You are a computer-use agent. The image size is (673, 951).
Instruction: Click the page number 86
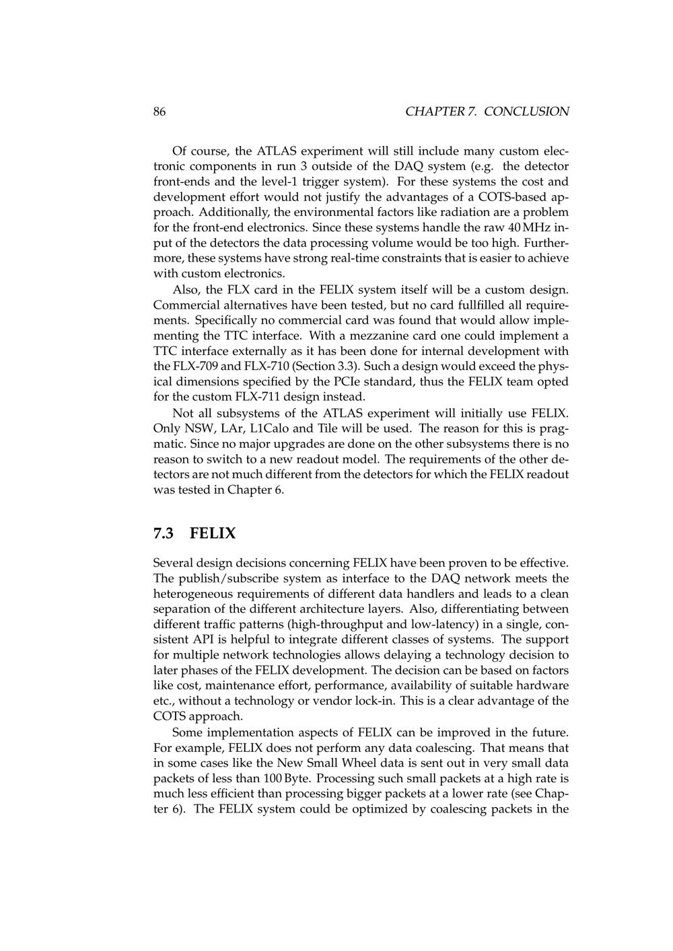click(x=160, y=112)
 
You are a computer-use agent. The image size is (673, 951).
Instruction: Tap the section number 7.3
click(x=164, y=534)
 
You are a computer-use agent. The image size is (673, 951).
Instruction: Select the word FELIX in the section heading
click(x=213, y=534)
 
